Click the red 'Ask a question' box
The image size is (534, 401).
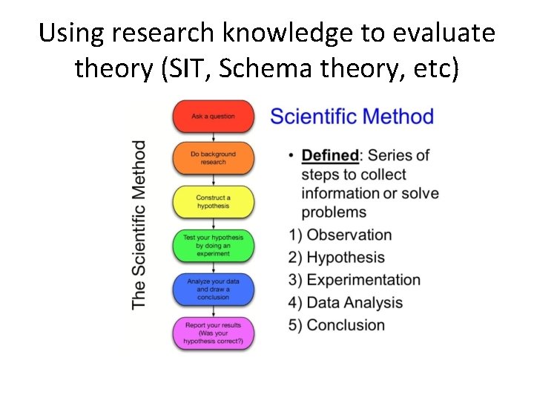[x=213, y=117]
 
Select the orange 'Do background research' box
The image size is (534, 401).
[x=213, y=158]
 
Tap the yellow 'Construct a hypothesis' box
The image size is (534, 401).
[x=213, y=201]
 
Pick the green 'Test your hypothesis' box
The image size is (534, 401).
[x=213, y=245]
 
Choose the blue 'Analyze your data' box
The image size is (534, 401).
[x=213, y=289]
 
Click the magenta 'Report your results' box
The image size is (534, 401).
[x=213, y=333]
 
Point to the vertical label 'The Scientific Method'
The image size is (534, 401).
[x=139, y=224]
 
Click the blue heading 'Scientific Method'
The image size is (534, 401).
[x=352, y=117]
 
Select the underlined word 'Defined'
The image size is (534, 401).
[x=330, y=155]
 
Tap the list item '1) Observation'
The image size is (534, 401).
[x=340, y=235]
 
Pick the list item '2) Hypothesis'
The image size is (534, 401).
[x=337, y=258]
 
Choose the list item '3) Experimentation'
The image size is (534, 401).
[x=355, y=280]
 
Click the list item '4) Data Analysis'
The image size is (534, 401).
[x=346, y=303]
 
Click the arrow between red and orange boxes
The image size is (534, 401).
[x=213, y=137]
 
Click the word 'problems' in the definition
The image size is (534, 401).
[x=334, y=212]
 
